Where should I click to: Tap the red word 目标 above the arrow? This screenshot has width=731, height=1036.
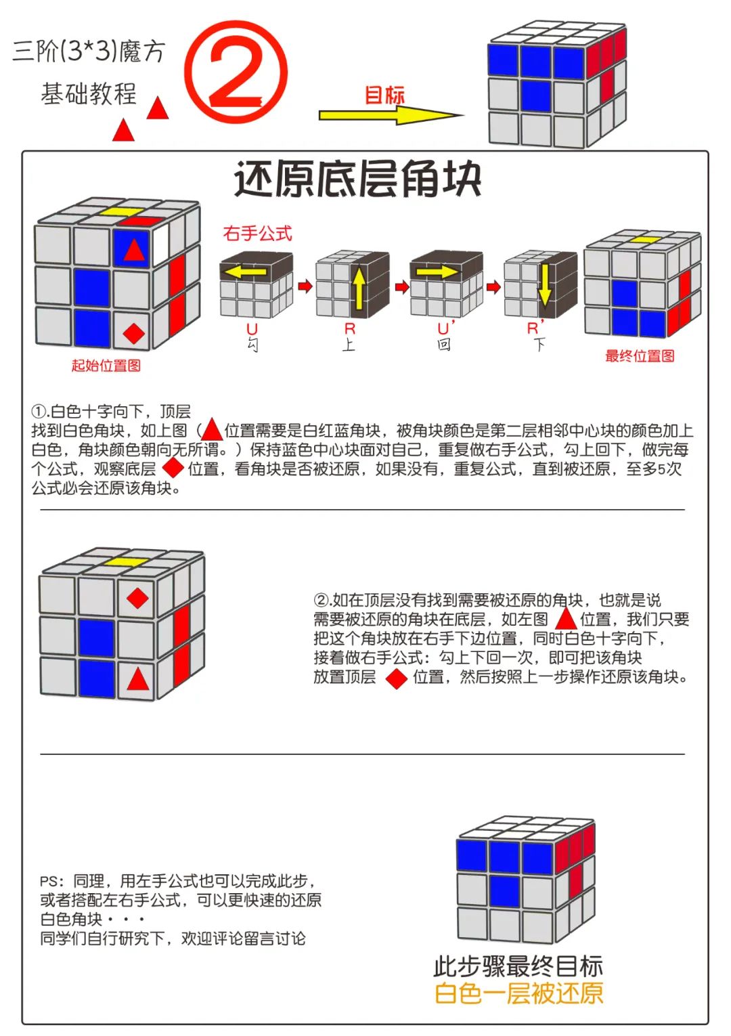click(384, 95)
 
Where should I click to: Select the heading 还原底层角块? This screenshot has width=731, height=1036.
click(357, 180)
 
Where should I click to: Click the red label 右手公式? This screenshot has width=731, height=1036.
click(258, 234)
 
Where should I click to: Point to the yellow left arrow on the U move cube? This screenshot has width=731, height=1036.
click(245, 272)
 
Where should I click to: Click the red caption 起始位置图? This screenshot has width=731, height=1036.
click(106, 366)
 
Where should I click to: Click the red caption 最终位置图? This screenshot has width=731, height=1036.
click(640, 356)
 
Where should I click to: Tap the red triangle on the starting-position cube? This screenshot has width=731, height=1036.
click(134, 250)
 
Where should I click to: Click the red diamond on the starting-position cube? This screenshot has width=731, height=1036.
click(134, 332)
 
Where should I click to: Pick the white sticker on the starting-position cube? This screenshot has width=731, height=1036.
click(161, 244)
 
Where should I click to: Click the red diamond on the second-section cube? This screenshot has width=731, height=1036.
click(138, 598)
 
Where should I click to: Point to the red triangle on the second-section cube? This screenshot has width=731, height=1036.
click(138, 679)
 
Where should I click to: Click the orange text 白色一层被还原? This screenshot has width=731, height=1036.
click(518, 993)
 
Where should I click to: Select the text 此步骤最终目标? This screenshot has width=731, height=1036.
click(518, 966)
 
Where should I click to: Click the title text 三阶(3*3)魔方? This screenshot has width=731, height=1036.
click(89, 51)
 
